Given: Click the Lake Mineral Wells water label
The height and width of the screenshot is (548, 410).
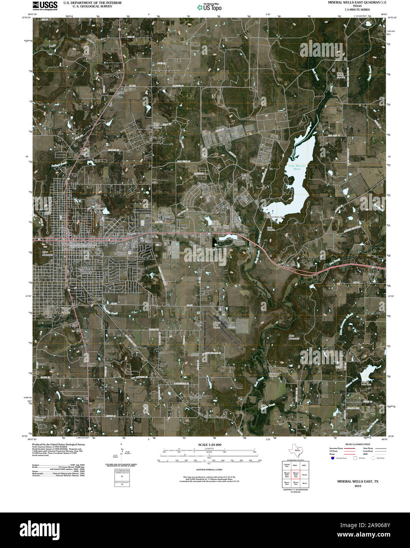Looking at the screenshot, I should pos(297,167).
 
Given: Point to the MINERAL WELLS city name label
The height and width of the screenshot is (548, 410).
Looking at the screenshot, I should pos(85,270).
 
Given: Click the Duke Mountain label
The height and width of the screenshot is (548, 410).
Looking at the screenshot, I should pos(291,337).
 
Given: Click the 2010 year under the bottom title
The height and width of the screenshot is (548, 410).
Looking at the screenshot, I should pos(357,486).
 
